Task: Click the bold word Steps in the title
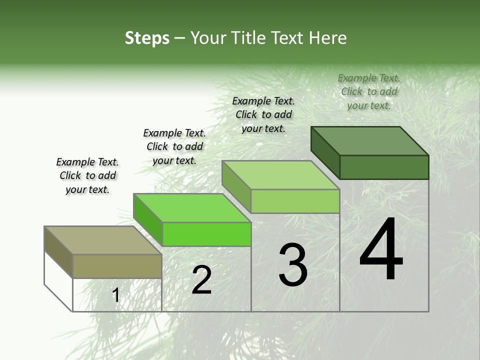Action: [147, 38]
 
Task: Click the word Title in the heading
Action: [248, 38]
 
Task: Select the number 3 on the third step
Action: [293, 265]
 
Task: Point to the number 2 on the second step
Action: [201, 280]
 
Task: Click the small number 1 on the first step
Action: [115, 295]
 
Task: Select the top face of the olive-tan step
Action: [102, 240]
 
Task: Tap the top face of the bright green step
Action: [192, 208]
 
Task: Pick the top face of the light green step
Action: [280, 175]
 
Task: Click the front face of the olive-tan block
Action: [117, 266]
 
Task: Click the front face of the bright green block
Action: [206, 234]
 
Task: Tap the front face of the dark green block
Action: [384, 167]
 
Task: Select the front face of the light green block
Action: [295, 201]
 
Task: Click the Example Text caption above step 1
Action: [87, 175]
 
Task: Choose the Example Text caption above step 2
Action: [174, 146]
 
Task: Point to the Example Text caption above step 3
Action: [263, 114]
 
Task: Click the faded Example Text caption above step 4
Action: [369, 91]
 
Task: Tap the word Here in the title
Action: [328, 38]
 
